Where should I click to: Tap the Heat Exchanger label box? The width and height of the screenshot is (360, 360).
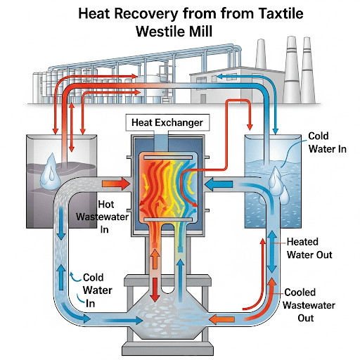coord(167,122)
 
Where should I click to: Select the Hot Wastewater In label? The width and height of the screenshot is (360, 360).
coord(103,217)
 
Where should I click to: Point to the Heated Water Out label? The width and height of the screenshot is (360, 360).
coord(309,248)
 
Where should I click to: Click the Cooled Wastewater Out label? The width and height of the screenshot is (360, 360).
coord(309,305)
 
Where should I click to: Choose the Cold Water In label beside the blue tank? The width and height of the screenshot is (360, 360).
coord(327,142)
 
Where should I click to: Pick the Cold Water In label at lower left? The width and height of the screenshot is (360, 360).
coord(97,290)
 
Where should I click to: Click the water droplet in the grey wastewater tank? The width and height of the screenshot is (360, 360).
coord(51,172)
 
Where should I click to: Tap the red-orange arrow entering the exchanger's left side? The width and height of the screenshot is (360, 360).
coord(116,184)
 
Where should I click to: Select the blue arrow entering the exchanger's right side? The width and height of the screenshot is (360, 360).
coord(219,184)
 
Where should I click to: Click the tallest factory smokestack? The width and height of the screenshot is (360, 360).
coord(292,70)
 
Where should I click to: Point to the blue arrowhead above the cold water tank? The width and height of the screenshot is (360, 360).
coord(276,131)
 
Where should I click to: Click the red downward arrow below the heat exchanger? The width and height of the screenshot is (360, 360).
coord(155,290)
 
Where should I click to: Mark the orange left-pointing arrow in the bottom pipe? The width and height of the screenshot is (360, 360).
coord(221,319)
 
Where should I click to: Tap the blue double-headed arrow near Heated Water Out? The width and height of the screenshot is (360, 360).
coord(272,252)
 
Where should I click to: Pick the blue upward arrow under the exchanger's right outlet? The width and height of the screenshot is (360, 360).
coord(180,279)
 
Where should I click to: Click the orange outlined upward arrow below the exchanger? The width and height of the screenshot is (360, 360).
coord(155,259)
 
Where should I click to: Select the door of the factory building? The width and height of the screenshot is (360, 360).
coord(203,98)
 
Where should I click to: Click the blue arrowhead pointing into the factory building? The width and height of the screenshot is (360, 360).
coord(219,76)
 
